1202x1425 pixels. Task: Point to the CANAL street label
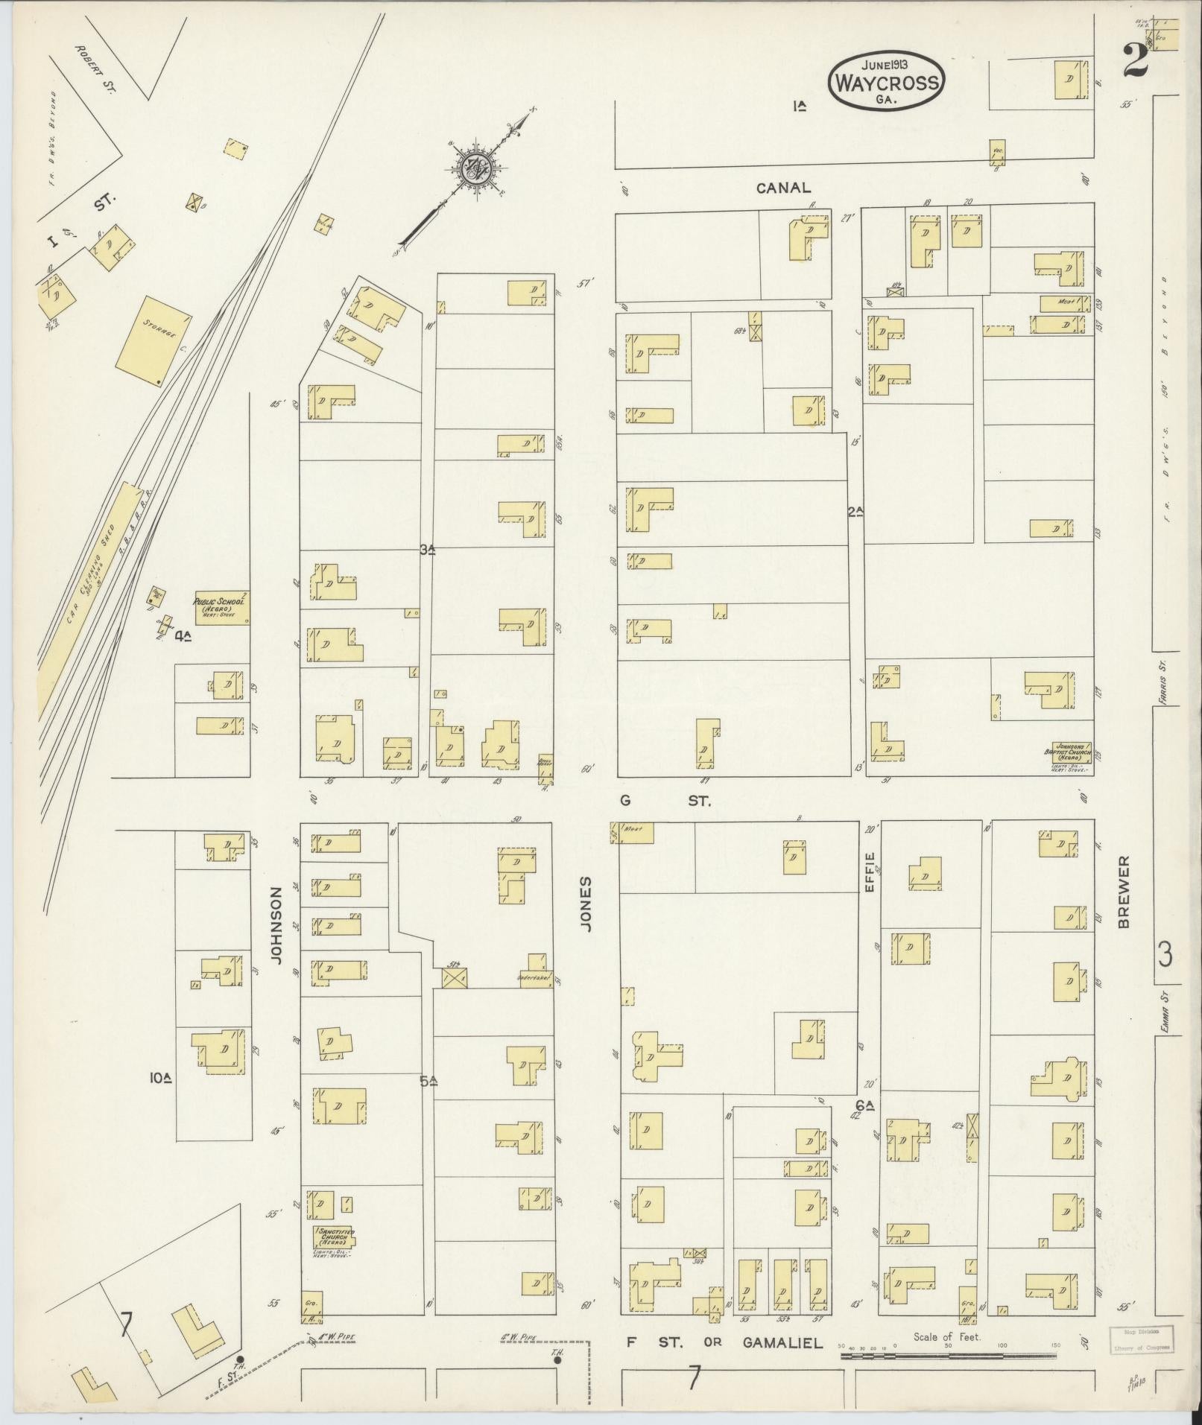(x=782, y=188)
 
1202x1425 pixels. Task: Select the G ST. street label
(x=665, y=802)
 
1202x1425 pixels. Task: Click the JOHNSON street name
(x=277, y=925)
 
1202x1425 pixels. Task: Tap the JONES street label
(x=586, y=904)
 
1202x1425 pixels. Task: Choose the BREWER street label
(x=1124, y=891)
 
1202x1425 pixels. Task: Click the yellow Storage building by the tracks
(x=153, y=341)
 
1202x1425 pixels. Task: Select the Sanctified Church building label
(x=333, y=1237)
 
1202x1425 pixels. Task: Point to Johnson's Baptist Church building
(x=1070, y=752)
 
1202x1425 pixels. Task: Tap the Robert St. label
(x=97, y=68)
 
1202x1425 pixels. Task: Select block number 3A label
(x=427, y=550)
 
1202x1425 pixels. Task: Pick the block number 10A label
(x=160, y=1077)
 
